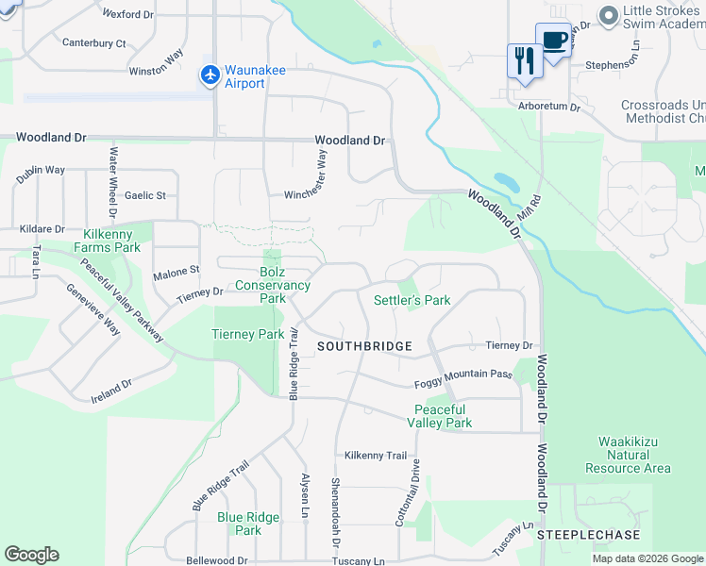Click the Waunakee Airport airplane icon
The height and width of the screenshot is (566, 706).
pyautogui.click(x=210, y=74)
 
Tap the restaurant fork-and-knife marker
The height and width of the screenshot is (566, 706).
pyautogui.click(x=523, y=60)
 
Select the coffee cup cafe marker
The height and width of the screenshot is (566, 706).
pyautogui.click(x=553, y=41)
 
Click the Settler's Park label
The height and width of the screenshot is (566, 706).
pyautogui.click(x=412, y=300)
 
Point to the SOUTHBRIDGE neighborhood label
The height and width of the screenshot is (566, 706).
pyautogui.click(x=364, y=346)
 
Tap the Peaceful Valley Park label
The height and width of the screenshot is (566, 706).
pyautogui.click(x=439, y=416)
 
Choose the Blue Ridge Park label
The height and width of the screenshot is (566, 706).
pyautogui.click(x=248, y=524)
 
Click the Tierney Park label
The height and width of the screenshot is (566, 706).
pyautogui.click(x=248, y=334)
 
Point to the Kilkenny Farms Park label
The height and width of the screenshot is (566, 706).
pyautogui.click(x=111, y=241)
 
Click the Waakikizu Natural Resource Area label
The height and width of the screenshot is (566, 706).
pyautogui.click(x=628, y=455)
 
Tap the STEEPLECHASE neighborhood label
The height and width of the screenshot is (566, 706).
pyautogui.click(x=589, y=535)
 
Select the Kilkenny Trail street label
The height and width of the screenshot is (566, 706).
pyautogui.click(x=376, y=455)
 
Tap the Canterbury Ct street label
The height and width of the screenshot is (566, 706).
pyautogui.click(x=93, y=43)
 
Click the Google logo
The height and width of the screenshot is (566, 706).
pyautogui.click(x=31, y=555)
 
